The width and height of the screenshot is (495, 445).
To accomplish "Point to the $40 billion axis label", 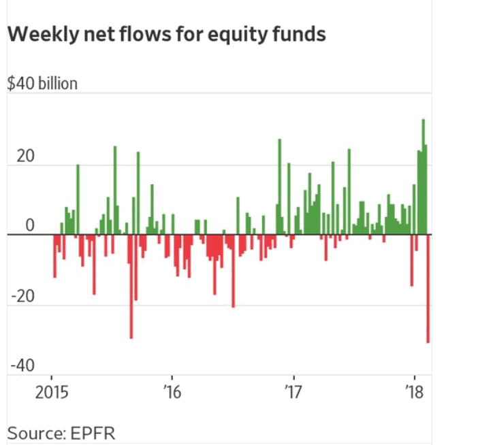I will tap(42, 84).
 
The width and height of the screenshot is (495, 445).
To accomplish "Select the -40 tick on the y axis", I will tap(22, 365).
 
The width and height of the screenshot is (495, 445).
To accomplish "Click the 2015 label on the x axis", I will tap(52, 393).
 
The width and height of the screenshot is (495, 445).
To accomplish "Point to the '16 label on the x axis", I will tap(172, 393).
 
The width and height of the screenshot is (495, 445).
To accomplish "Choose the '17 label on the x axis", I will tap(293, 393).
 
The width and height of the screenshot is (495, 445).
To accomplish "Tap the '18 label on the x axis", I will tap(414, 393).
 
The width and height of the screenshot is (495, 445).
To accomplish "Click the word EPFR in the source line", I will tap(99, 433).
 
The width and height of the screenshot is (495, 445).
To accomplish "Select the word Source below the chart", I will tap(36, 433).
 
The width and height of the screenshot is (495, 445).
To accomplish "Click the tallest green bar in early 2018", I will tap(423, 177).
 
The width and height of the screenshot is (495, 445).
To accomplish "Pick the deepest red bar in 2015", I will tap(131, 286).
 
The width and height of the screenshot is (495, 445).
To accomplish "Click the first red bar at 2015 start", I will tap(54, 255).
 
